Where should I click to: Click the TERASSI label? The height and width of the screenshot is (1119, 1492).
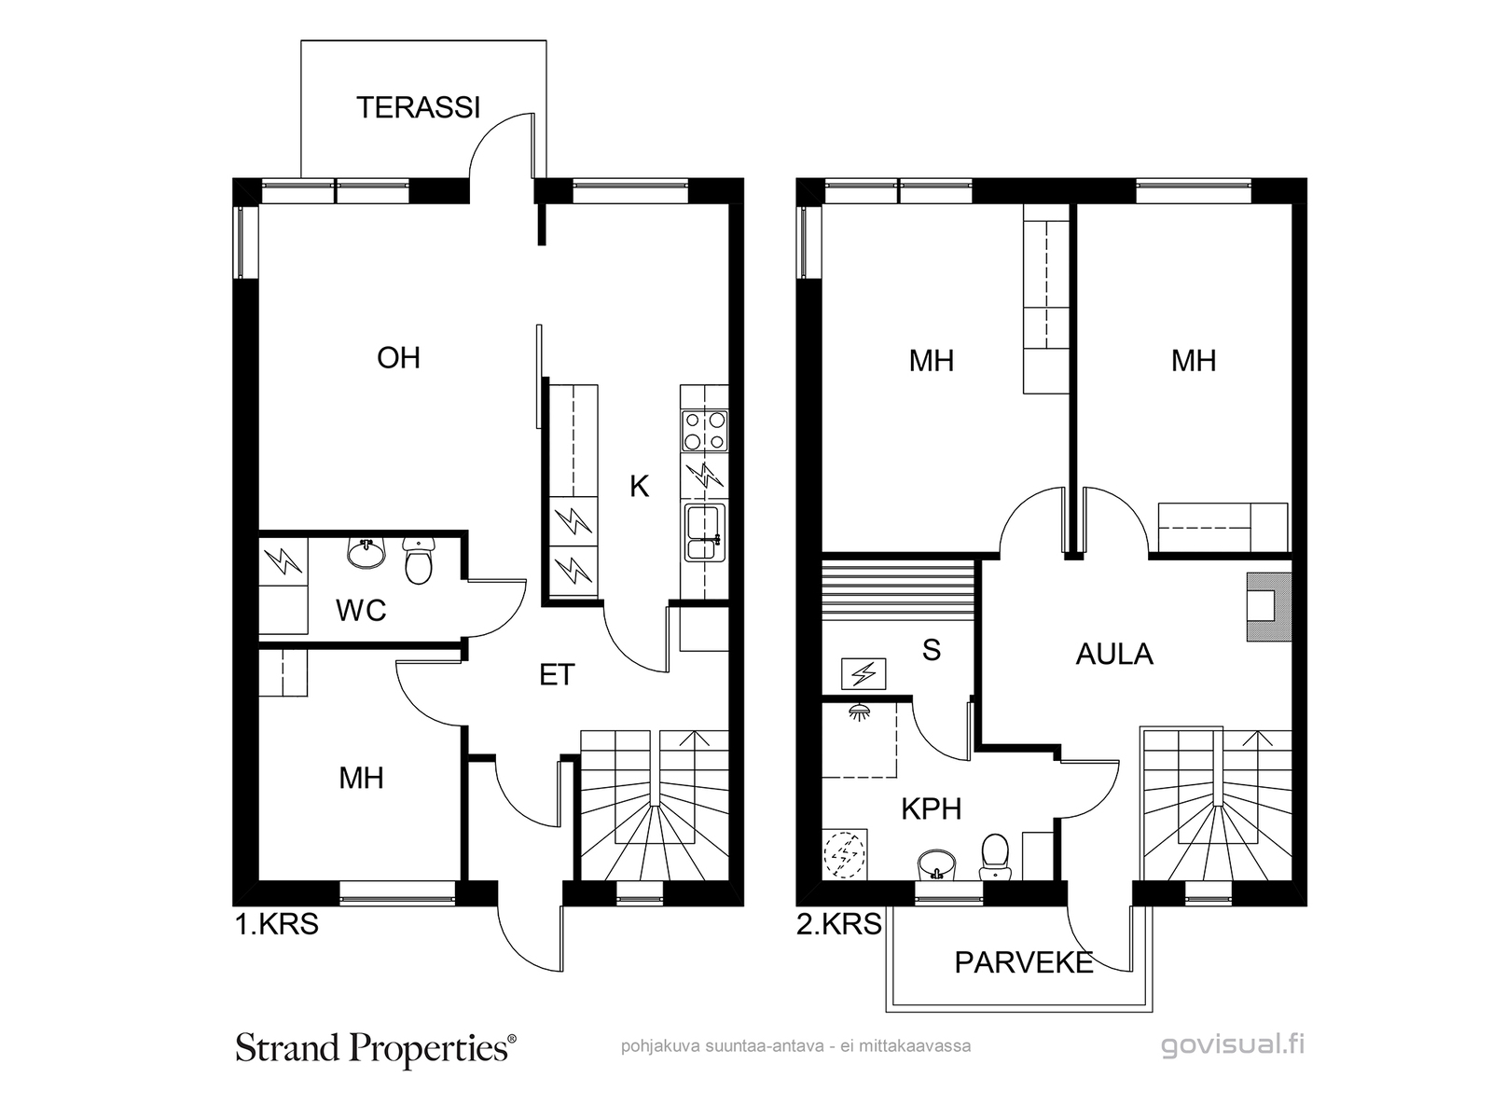pos(418,107)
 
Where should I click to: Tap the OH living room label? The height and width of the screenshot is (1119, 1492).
pos(398,357)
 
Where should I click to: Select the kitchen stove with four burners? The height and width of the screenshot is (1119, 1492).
pos(705,431)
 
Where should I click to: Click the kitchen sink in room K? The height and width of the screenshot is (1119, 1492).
pos(705,532)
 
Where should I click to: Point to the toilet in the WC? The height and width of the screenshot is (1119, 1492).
pos(418,560)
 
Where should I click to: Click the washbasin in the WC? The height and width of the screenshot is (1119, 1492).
pos(366,553)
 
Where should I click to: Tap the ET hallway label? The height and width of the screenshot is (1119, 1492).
pos(557,674)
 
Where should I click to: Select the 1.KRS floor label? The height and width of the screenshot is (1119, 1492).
pos(277,925)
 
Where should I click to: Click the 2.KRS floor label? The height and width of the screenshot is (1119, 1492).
pos(838,925)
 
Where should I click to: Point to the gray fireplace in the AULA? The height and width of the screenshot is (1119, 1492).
pos(1268,607)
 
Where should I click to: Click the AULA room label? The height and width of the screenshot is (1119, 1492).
pos(1114,654)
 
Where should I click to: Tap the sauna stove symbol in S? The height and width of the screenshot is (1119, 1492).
pos(863,674)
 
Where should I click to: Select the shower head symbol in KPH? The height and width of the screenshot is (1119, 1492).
pos(860,711)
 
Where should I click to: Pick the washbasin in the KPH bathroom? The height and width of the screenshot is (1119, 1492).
pos(936,864)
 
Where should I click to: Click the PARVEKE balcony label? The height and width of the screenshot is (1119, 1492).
pos(1024,962)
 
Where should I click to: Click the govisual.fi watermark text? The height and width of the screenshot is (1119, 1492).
pos(1233,1044)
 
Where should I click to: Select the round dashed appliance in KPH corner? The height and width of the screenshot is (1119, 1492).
pos(845,854)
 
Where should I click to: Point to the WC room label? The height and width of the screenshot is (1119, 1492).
pos(361,611)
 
